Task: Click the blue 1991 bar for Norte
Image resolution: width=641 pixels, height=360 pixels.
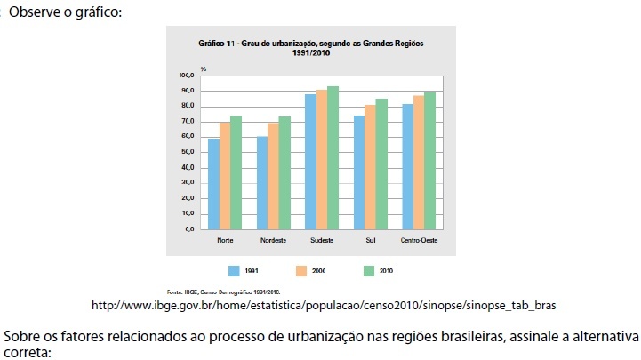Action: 213,184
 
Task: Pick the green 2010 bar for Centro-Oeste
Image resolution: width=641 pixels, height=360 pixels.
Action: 430,161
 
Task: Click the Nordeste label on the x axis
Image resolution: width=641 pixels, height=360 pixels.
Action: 273,240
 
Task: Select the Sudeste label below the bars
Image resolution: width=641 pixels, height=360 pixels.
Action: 322,240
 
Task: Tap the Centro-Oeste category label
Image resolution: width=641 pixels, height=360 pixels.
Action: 419,240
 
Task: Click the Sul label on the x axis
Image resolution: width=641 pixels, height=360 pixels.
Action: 370,240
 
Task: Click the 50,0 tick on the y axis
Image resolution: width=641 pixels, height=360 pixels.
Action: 187,152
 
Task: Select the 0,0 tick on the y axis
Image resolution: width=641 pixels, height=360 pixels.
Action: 188,228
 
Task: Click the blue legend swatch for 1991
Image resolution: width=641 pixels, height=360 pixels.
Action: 234,269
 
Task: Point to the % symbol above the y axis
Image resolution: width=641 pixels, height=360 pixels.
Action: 203,68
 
